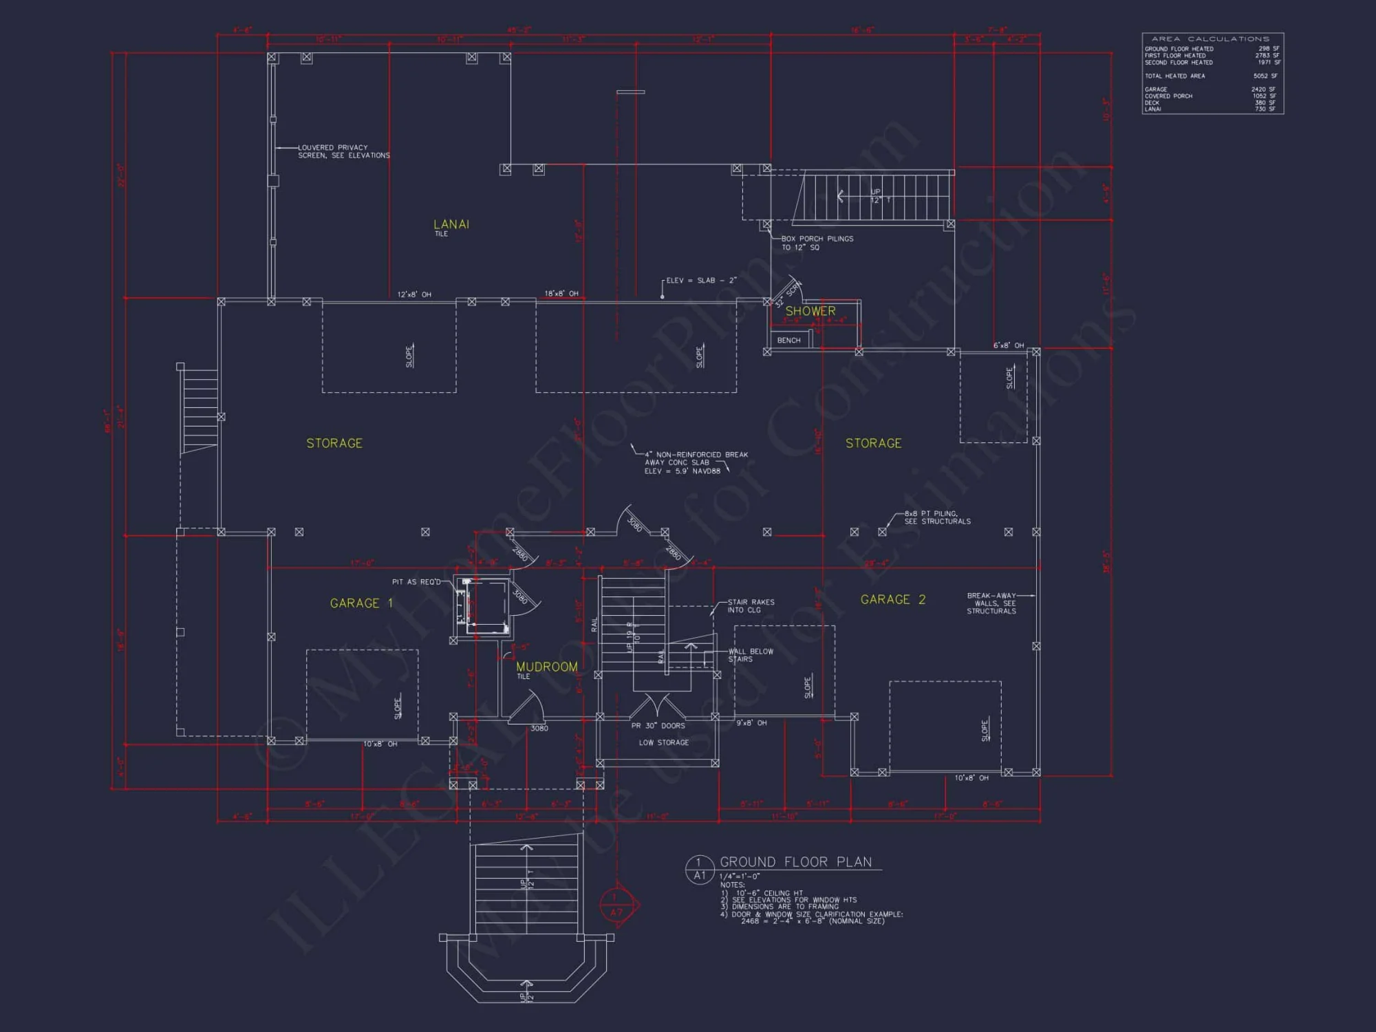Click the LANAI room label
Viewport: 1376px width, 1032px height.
coord(451,224)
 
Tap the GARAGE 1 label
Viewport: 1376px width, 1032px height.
coord(361,603)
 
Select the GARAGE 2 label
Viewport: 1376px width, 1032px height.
coord(892,600)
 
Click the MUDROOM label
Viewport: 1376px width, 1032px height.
coord(547,667)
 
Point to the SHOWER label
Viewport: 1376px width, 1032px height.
coord(810,311)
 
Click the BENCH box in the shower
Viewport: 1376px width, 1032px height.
coord(788,340)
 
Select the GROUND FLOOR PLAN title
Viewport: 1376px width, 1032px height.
coord(795,862)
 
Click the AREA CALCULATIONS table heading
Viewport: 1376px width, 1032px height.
coord(1210,39)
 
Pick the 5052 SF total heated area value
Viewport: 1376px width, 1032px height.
coord(1265,76)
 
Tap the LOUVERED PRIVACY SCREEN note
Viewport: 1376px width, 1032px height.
coord(343,151)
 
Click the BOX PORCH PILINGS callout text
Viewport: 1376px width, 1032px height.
coord(817,243)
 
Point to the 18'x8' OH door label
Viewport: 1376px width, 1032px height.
coord(561,294)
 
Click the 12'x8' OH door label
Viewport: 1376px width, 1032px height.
coord(414,294)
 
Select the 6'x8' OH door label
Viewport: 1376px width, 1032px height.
coord(1008,345)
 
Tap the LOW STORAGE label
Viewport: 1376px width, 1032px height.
coord(663,742)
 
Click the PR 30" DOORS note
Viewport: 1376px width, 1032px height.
coord(658,726)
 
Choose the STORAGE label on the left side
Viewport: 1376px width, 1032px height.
coord(334,443)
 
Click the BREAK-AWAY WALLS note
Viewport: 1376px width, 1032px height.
coord(991,603)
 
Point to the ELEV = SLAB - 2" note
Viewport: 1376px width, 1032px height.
coord(701,281)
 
